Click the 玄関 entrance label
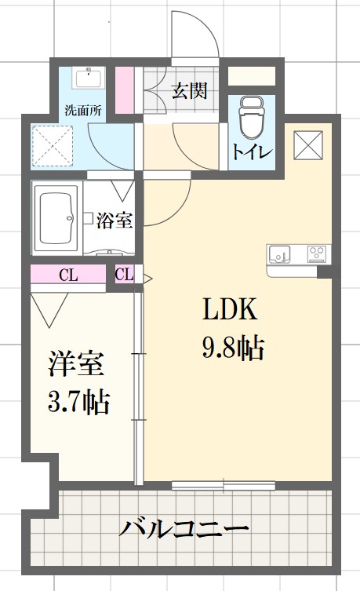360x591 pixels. (x=189, y=90)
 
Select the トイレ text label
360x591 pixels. (x=252, y=151)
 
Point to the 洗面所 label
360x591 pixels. (x=82, y=111)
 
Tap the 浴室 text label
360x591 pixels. (x=115, y=221)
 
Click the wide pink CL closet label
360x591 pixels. (x=68, y=275)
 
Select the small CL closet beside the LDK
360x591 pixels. (x=124, y=275)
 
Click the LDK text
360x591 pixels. (x=231, y=312)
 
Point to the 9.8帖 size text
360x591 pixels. (x=232, y=346)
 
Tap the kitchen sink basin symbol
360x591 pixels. (x=279, y=254)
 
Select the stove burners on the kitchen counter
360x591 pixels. (x=316, y=254)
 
